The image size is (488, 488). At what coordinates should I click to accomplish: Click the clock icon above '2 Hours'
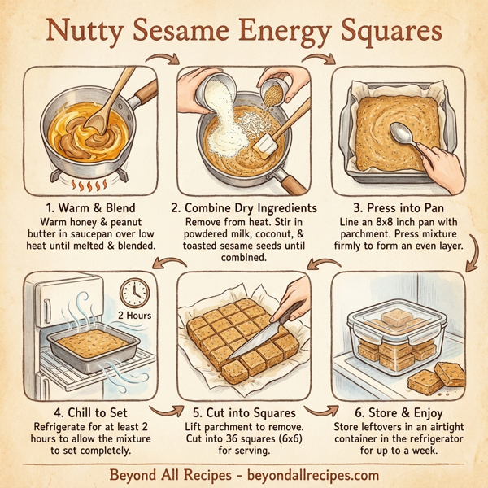[135, 292]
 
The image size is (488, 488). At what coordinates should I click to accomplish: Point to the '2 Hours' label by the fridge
[135, 315]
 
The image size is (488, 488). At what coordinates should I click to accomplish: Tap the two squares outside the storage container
[440, 376]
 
